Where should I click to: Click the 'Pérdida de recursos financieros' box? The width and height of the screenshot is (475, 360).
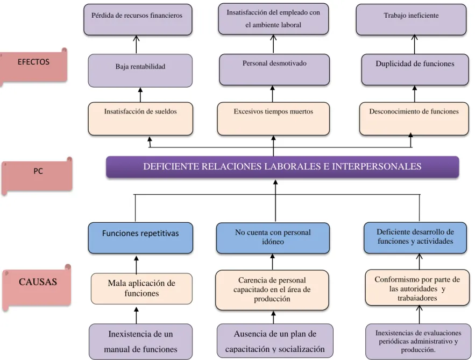(x=138, y=20)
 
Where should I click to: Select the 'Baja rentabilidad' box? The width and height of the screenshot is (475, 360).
(x=140, y=70)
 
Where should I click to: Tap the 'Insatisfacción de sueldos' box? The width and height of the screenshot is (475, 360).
(x=140, y=119)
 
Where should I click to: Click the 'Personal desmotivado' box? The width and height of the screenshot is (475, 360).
(x=274, y=70)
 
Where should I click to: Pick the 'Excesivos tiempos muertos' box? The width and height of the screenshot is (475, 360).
(x=274, y=119)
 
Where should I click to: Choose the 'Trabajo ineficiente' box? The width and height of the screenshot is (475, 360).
(x=412, y=20)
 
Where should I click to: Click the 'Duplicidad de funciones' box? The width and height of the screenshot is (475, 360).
(x=415, y=70)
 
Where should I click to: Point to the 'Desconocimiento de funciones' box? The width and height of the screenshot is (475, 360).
(x=414, y=119)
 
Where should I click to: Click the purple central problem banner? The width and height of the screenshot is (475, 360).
(x=282, y=167)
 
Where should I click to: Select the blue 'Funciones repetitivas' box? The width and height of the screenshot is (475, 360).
(x=140, y=238)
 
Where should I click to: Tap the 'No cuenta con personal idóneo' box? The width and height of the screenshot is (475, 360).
(x=273, y=238)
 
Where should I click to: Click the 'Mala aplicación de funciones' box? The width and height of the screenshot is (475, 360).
(x=141, y=288)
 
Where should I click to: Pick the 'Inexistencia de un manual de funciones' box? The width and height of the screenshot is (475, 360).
(x=140, y=342)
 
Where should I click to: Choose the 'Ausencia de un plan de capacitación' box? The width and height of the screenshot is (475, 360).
(x=275, y=341)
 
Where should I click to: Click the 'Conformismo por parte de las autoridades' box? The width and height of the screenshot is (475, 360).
(x=417, y=288)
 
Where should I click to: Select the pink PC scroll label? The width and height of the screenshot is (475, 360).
(x=37, y=175)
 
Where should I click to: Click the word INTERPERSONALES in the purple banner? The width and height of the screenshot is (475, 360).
(x=377, y=166)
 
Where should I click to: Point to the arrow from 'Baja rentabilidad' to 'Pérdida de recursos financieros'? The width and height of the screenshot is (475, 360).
(x=136, y=45)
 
